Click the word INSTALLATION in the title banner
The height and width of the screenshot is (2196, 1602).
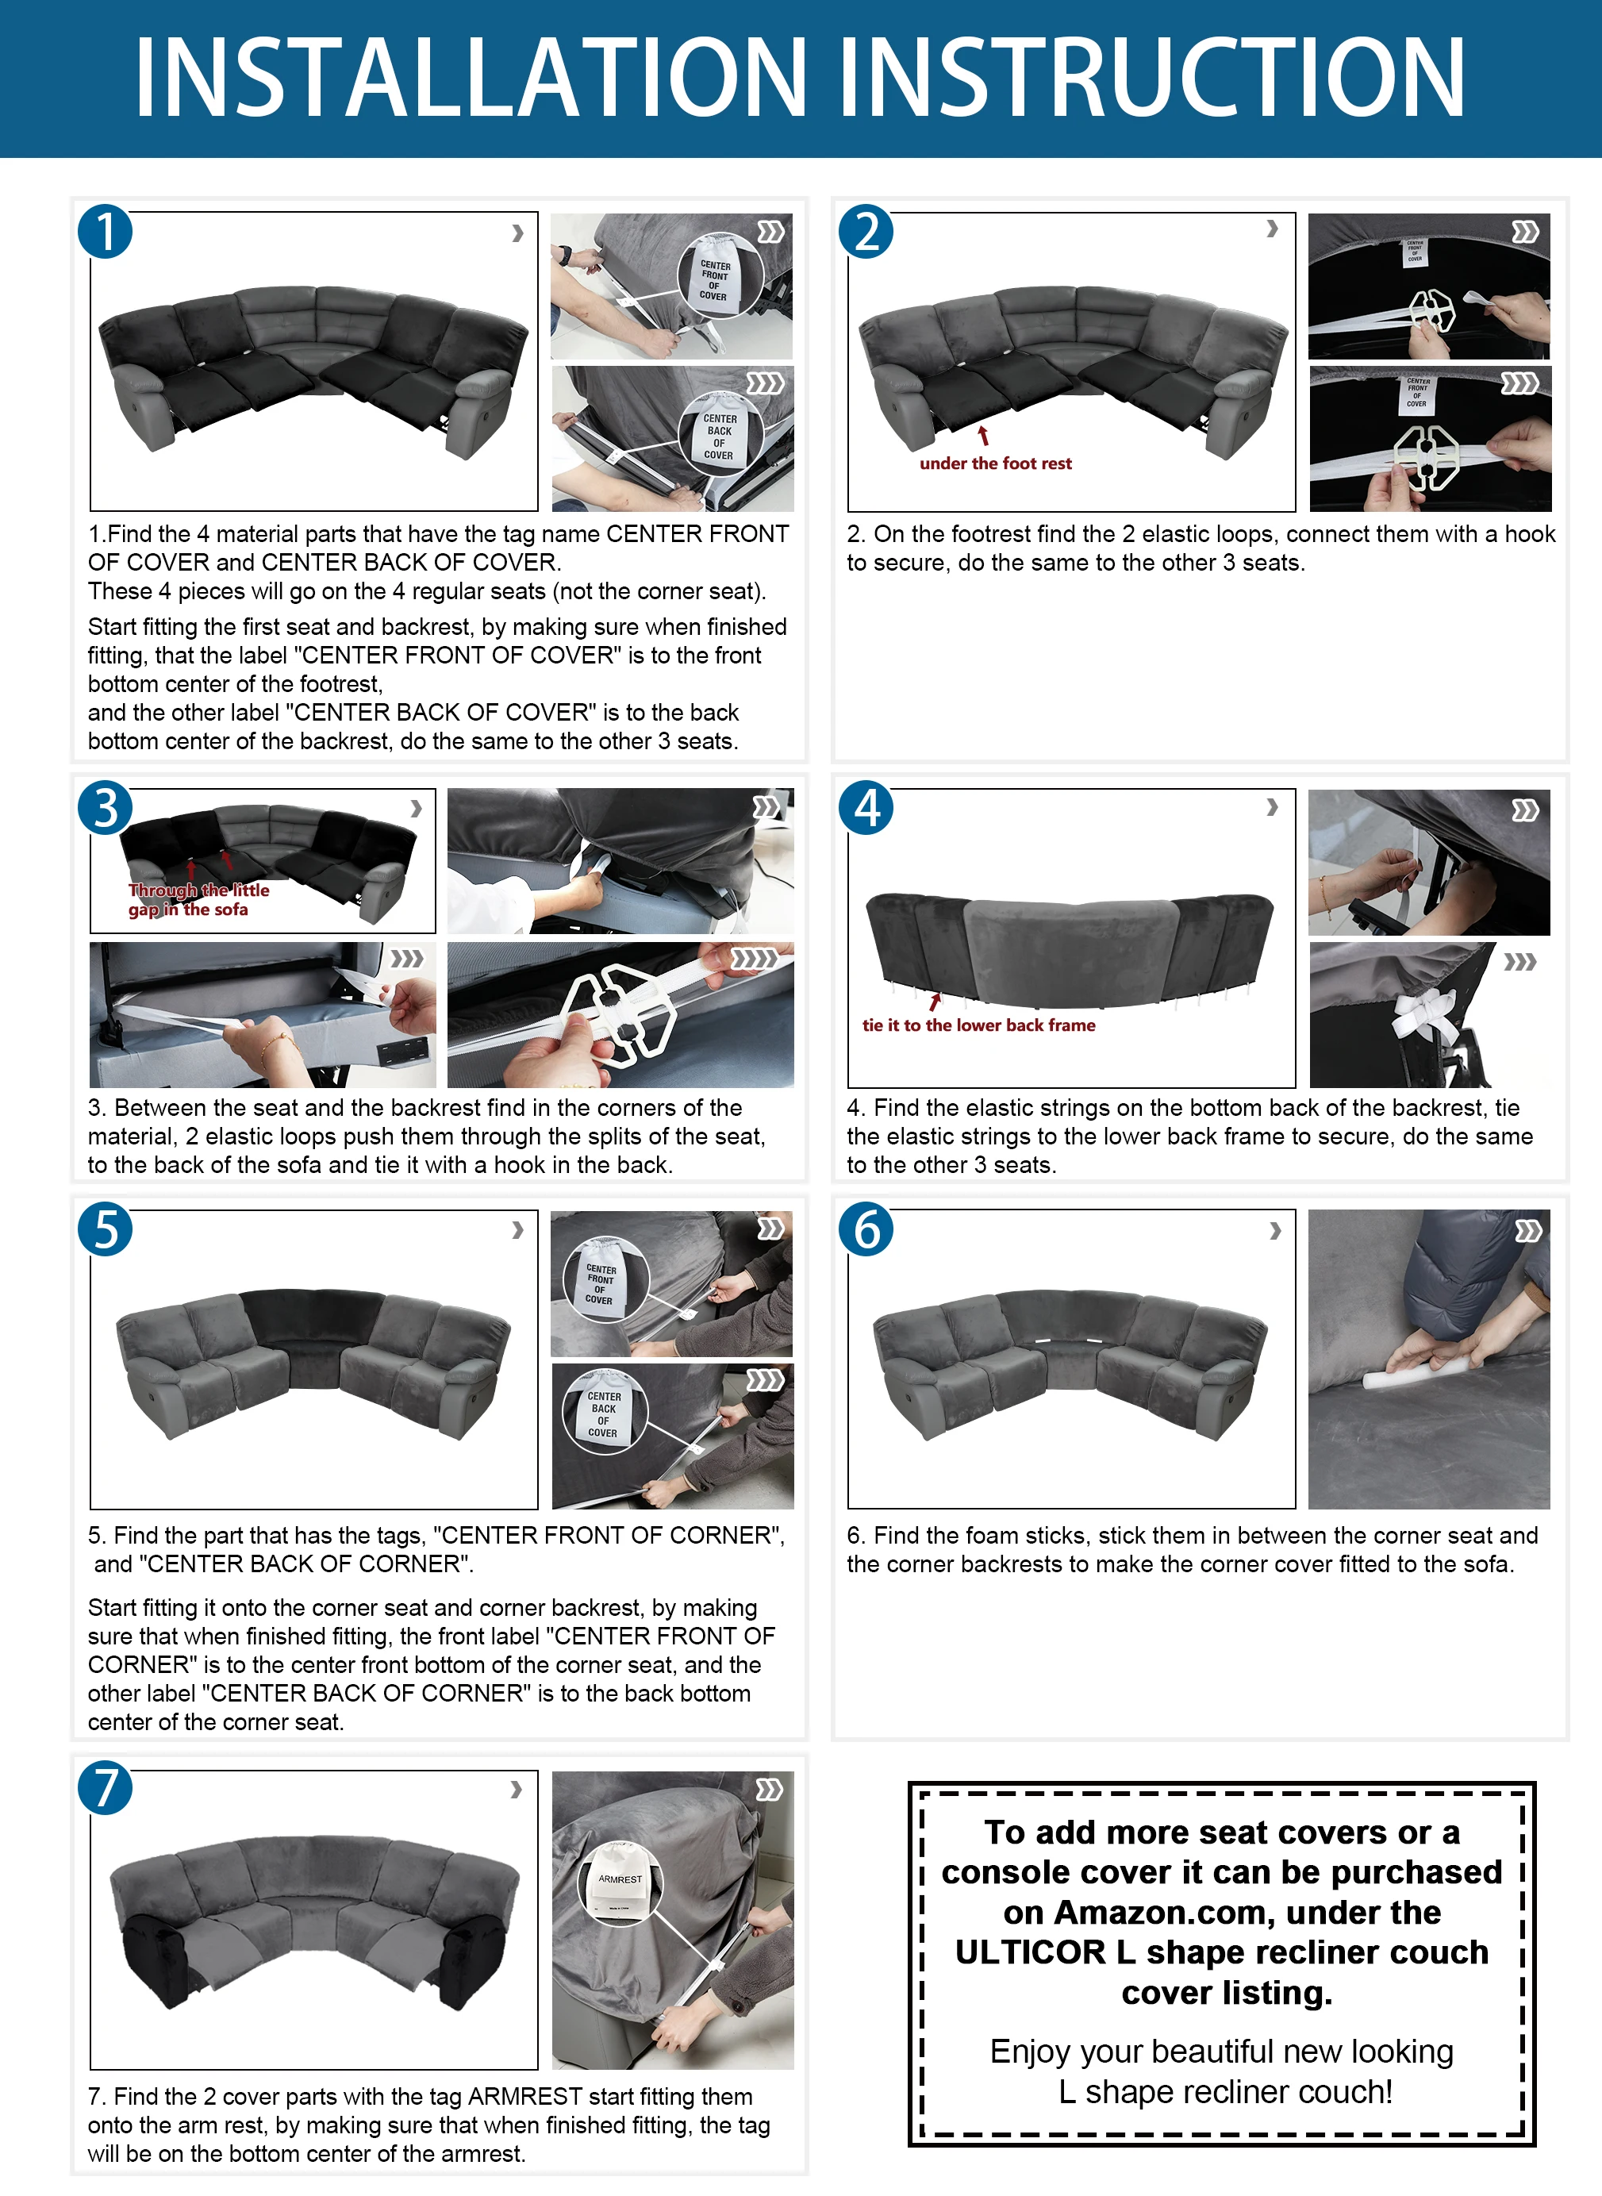coord(471,78)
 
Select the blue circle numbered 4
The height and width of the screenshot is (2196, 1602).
coord(866,807)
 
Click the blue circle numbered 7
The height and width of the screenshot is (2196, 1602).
coord(105,1787)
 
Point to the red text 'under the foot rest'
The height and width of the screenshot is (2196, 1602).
coord(995,463)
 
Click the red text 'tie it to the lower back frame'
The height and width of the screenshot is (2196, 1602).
coord(978,1025)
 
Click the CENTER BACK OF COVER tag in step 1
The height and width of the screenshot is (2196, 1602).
coord(719,437)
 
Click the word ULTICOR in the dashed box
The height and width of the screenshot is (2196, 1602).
coord(1030,1952)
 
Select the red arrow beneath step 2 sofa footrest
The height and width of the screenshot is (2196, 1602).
coord(983,436)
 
